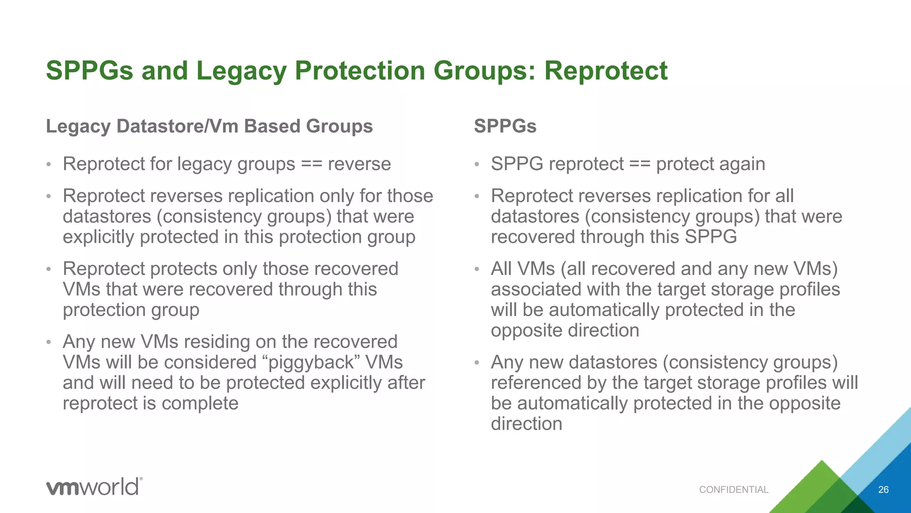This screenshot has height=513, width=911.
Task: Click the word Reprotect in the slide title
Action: [x=606, y=71]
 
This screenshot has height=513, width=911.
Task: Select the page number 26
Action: [x=883, y=490]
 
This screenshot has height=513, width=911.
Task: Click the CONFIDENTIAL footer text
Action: [x=734, y=490]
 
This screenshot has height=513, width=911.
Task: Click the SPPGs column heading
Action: [x=505, y=126]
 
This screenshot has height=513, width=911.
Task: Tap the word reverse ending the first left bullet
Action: [x=359, y=164]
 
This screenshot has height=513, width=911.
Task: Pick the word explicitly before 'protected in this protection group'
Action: [x=101, y=237]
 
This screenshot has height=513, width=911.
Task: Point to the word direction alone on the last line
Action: [x=526, y=423]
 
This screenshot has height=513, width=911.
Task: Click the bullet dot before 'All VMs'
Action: [x=477, y=269]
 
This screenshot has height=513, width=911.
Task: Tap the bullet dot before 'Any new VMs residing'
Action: [x=49, y=342]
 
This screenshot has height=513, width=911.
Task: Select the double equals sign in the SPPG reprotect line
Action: [x=640, y=164]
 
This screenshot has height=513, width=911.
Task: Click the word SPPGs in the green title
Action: [x=89, y=71]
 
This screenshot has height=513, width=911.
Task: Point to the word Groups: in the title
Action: [x=485, y=71]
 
